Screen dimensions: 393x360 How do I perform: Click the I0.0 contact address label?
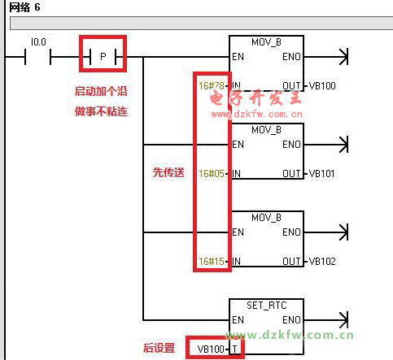(x=38, y=42)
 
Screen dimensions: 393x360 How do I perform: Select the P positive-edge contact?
(x=103, y=57)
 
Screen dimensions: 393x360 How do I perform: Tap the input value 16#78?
(x=212, y=86)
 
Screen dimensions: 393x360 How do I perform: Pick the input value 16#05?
(x=212, y=174)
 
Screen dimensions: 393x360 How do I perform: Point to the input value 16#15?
(x=212, y=262)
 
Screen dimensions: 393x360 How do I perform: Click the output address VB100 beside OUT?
(x=322, y=86)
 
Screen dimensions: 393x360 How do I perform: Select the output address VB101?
(x=321, y=174)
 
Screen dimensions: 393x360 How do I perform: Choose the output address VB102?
(x=322, y=262)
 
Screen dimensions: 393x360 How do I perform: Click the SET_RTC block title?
(x=267, y=306)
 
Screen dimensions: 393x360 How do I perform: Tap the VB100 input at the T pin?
(x=211, y=349)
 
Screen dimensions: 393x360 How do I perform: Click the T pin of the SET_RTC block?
(x=235, y=349)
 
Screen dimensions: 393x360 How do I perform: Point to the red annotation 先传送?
(x=168, y=172)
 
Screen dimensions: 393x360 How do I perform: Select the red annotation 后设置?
(x=159, y=348)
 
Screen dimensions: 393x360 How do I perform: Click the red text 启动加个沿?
(x=101, y=91)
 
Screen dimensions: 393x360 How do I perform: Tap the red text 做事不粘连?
(x=101, y=111)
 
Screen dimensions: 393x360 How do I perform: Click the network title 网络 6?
(x=24, y=7)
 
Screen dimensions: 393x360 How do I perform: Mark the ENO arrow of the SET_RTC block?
(x=325, y=320)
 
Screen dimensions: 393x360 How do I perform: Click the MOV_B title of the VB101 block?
(x=266, y=130)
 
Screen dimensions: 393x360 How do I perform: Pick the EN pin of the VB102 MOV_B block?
(x=238, y=232)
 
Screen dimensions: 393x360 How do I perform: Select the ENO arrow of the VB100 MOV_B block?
(x=325, y=57)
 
